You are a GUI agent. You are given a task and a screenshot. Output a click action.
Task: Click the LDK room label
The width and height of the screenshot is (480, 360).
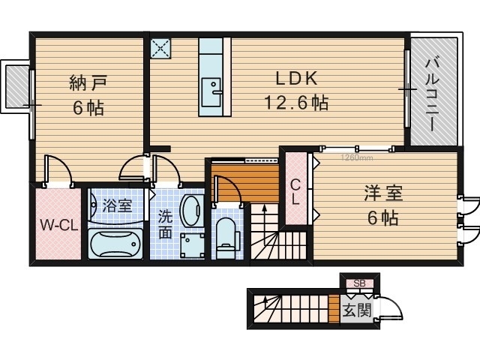pyautogui.click(x=295, y=79)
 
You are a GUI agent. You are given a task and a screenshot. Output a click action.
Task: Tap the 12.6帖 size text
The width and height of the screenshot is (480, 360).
pyautogui.click(x=295, y=103)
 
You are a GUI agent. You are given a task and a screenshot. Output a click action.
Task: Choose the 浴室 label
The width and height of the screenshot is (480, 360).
pyautogui.click(x=118, y=204)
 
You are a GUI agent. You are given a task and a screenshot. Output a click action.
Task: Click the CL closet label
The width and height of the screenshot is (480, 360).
pyautogui.click(x=295, y=192)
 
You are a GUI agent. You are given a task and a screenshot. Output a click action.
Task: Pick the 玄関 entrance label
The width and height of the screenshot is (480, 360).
pyautogui.click(x=356, y=310)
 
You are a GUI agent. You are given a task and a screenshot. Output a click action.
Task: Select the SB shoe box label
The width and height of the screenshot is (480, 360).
pyautogui.click(x=359, y=283)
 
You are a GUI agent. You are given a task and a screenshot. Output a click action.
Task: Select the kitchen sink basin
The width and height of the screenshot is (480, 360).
pyautogui.click(x=213, y=86)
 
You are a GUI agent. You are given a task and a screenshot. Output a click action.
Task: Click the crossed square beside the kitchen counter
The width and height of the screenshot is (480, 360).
pyautogui.click(x=161, y=48)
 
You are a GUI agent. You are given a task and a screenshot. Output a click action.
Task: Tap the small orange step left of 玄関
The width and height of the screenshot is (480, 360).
pyautogui.click(x=334, y=309)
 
